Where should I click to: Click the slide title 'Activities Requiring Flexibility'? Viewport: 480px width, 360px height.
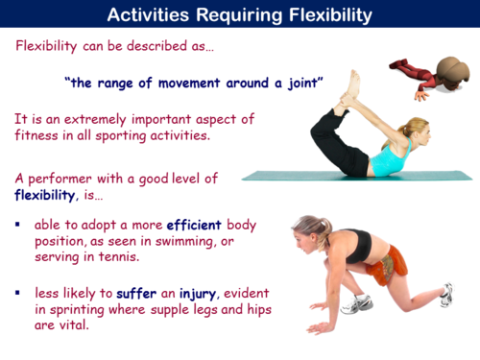point(240,14)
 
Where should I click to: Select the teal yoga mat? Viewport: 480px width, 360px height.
point(288,177)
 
